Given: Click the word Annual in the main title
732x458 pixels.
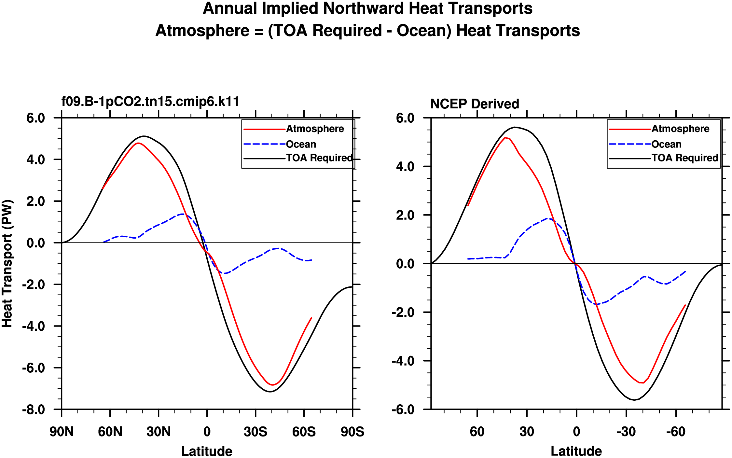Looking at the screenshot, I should pos(230,8).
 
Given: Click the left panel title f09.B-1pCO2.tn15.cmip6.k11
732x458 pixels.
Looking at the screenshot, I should pos(150,102).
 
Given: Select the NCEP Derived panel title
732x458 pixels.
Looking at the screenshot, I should pos(475,104).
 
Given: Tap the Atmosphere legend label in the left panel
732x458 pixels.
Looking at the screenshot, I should pos(315,129).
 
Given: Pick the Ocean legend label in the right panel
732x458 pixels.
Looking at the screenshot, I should pos(666,144).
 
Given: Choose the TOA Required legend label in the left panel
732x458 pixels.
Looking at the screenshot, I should pos(319,158).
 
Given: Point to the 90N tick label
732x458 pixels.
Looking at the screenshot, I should pos(62,432).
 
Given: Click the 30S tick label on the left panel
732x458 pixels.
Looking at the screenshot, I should pos(256,432).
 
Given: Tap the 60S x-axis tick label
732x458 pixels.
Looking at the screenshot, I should pos(304,432).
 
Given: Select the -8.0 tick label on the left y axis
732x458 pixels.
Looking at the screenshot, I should pos(34,409).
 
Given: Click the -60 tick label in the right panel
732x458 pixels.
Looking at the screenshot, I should pos(676,432).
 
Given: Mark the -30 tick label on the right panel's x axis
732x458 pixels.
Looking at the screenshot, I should pos(626,432).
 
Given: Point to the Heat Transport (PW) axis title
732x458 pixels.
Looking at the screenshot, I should pos(7,264).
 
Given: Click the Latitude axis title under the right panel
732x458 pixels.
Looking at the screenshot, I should pos(576,451).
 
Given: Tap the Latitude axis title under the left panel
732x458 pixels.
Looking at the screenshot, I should pos(207,451).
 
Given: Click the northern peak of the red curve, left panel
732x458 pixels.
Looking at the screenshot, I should pos(138,143).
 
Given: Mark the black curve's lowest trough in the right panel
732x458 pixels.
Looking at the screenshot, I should pos(634,400).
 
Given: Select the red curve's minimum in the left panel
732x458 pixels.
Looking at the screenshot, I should pos(273,385).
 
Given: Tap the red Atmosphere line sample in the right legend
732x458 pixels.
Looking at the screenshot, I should pos(629,129).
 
